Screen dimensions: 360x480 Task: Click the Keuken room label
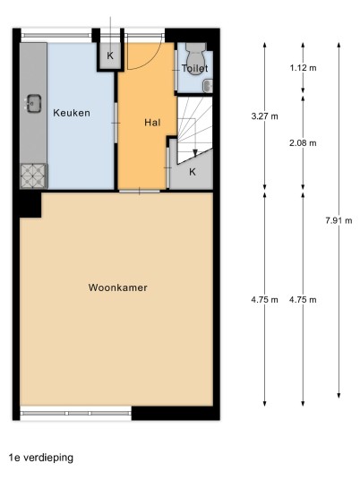click(72, 113)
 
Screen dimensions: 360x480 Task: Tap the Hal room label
click(152, 123)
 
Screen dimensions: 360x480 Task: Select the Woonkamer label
click(118, 287)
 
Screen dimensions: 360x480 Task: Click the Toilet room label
click(194, 68)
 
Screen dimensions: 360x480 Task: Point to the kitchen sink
click(33, 103)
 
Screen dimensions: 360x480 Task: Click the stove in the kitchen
click(33, 176)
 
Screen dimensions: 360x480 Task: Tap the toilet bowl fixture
click(195, 53)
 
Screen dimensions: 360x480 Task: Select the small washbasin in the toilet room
click(208, 86)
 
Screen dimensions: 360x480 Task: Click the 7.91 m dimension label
click(339, 220)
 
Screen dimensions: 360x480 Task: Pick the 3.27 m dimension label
click(265, 116)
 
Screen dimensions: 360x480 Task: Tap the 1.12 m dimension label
click(303, 68)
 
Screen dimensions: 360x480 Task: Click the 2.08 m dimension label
click(303, 142)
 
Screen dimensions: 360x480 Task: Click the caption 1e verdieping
click(41, 458)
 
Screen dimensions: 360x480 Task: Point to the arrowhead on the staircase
click(195, 153)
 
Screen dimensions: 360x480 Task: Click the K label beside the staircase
click(193, 172)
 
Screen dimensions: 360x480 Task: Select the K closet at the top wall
click(110, 56)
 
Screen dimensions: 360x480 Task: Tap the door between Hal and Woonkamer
click(140, 192)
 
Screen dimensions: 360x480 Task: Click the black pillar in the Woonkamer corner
click(30, 205)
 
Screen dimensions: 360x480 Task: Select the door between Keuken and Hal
click(116, 123)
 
